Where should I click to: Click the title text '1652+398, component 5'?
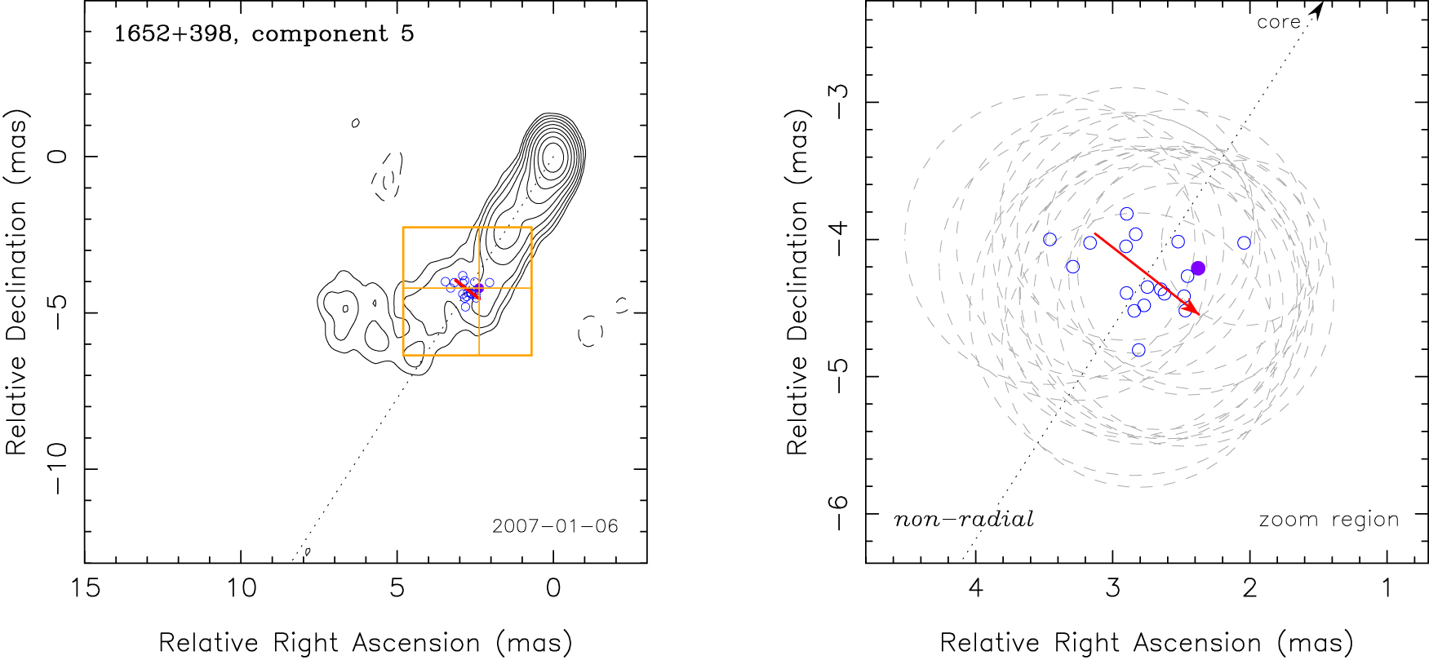[264, 34]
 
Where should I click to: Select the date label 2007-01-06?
[555, 526]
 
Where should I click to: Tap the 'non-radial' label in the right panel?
[964, 520]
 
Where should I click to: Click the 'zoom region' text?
[1329, 520]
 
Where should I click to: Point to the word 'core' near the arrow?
[1278, 22]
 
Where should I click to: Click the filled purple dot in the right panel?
[1198, 268]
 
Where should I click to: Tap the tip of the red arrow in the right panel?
[1199, 314]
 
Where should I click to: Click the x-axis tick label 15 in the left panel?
[85, 588]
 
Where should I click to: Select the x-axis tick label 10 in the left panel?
[241, 588]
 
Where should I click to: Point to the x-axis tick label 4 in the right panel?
[975, 588]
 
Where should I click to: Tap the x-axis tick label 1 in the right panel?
[1387, 588]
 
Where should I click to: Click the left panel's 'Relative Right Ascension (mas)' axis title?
[365, 643]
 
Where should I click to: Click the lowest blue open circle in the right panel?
[1138, 350]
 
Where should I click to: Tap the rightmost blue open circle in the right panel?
[1244, 242]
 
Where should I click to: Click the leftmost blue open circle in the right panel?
[1050, 239]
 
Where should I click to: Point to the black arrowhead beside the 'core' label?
[1316, 9]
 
